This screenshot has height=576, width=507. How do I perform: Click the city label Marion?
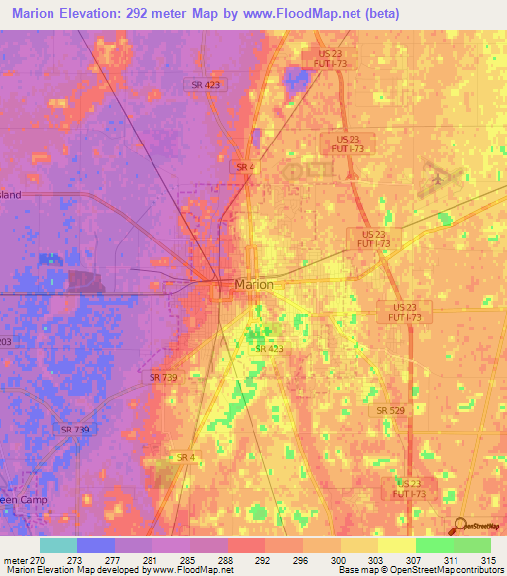(x=253, y=284)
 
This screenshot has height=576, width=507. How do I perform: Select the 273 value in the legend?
(x=74, y=559)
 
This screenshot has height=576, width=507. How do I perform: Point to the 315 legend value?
(x=488, y=559)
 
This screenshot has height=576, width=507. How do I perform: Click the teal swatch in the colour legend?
(x=58, y=545)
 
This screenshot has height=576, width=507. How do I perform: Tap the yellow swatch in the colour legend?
(x=396, y=545)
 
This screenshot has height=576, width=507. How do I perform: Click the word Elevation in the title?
(x=104, y=14)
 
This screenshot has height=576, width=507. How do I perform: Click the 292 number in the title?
(x=163, y=14)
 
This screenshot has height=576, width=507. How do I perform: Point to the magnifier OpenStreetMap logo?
(x=461, y=526)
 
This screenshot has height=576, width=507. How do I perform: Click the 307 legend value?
(x=413, y=559)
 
